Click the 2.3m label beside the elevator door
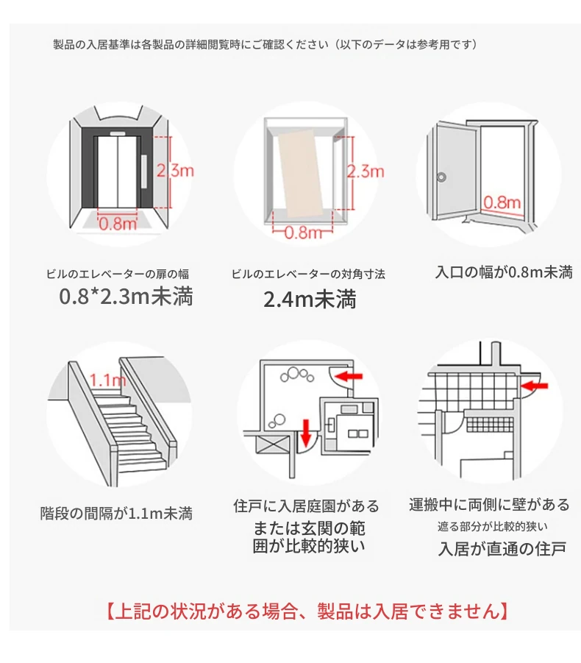(176, 171)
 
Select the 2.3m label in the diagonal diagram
(366, 171)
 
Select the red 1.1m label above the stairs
(107, 380)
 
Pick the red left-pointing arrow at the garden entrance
(350, 377)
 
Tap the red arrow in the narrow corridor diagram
(534, 383)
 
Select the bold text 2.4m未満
(310, 299)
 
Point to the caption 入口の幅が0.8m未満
(504, 272)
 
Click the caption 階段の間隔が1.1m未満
(116, 513)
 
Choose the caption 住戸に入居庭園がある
(307, 506)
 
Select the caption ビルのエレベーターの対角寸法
(308, 274)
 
